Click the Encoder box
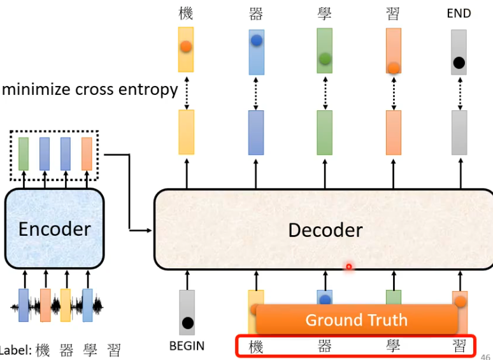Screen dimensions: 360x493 tap(54, 228)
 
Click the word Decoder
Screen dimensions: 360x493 tap(325, 230)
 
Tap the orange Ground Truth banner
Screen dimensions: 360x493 tap(356, 320)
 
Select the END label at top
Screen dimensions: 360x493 tap(459, 13)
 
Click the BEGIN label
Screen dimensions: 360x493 tap(187, 346)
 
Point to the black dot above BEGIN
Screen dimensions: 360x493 tap(187, 322)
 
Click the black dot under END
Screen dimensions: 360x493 tap(459, 62)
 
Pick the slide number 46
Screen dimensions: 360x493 tap(486, 357)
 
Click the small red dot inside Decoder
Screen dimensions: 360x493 tap(348, 266)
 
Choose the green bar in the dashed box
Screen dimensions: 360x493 tap(24, 154)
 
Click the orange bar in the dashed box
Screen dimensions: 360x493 tap(86, 154)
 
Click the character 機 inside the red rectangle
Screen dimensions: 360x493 tap(255, 347)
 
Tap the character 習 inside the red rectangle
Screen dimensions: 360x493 tap(459, 347)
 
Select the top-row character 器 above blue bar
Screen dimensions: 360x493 tap(256, 14)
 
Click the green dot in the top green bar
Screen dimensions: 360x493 tap(325, 59)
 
